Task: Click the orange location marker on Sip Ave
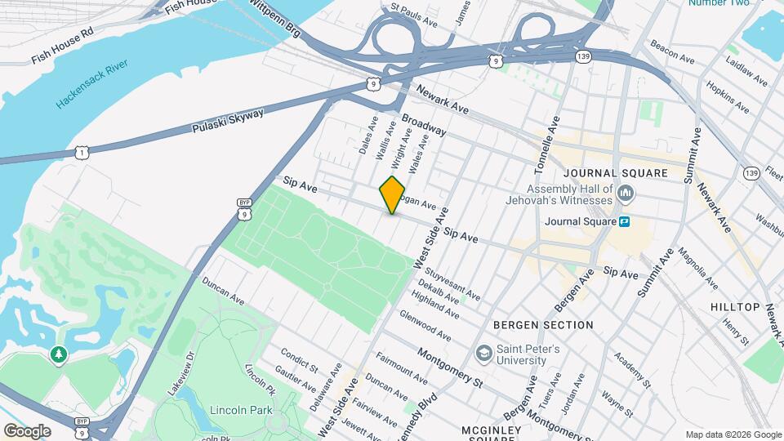pyautogui.click(x=392, y=195)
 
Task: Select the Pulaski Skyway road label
pyautogui.click(x=228, y=122)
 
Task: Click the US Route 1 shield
pyautogui.click(x=82, y=151)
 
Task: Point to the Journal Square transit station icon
pyautogui.click(x=625, y=221)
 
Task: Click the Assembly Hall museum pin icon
pyautogui.click(x=626, y=194)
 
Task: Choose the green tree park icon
pyautogui.click(x=58, y=354)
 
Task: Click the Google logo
pyautogui.click(x=27, y=431)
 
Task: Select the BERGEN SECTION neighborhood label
pyautogui.click(x=543, y=325)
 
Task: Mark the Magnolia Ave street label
pyautogui.click(x=695, y=270)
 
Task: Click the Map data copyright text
pyautogui.click(x=732, y=434)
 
